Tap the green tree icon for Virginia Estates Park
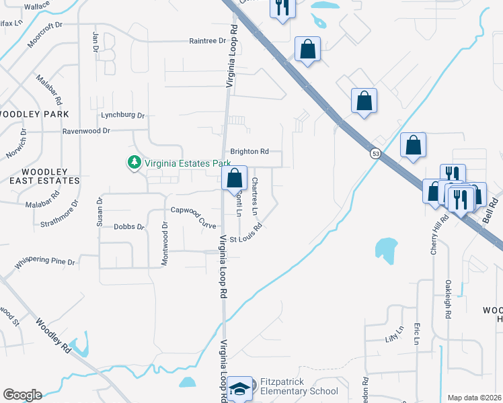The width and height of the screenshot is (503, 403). click(134, 162)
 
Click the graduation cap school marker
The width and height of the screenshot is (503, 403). click(240, 389)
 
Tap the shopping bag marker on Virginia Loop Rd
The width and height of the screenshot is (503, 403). click(234, 179)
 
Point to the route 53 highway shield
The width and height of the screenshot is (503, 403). click(374, 153)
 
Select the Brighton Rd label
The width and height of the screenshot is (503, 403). click(249, 152)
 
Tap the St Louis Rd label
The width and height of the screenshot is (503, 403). click(245, 238)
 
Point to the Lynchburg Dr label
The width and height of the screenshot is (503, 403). click(123, 115)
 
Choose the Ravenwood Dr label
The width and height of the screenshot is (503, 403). click(86, 131)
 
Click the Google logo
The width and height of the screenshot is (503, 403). click(22, 394)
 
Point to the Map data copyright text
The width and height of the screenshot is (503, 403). click(475, 398)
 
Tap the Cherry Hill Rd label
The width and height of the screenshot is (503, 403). click(434, 236)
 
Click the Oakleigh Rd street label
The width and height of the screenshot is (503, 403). click(447, 300)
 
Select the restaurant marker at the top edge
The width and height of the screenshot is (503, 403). click(282, 8)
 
